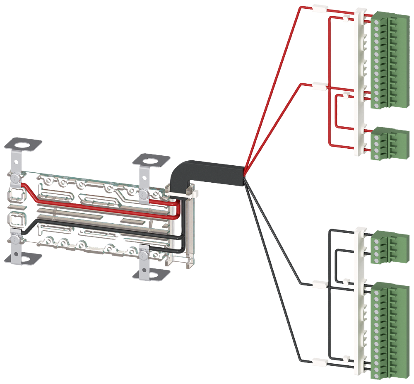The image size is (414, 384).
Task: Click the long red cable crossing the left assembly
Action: pos(95,205)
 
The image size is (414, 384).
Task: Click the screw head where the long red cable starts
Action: pos(15,178)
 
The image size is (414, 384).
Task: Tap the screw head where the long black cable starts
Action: pos(15,239)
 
